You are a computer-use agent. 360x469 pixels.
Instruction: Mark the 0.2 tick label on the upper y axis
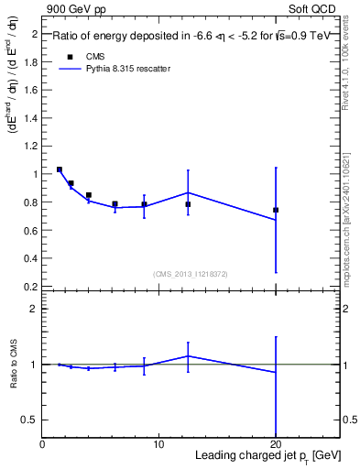pos(30,286)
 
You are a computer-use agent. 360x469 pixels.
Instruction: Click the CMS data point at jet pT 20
pos(276,210)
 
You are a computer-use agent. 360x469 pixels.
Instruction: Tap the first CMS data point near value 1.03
pos(60,169)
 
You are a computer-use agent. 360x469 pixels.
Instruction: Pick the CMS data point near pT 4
pos(89,195)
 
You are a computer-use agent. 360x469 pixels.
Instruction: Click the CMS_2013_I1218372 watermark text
pos(191,274)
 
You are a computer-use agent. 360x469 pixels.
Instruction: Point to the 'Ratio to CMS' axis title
pos(14,364)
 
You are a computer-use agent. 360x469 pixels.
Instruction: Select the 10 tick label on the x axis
pos(158,443)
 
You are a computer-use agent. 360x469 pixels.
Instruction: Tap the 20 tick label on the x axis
pos(276,443)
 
